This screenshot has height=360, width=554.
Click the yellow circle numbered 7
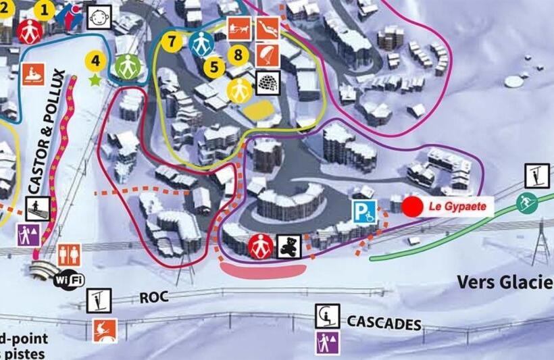172,41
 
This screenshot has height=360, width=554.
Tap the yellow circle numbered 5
214,67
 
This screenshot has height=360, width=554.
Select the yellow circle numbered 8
237,53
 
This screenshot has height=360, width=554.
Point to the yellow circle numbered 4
95,61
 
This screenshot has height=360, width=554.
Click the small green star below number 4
95,80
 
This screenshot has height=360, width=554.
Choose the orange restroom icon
70,254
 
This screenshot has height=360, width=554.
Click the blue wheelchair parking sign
363,212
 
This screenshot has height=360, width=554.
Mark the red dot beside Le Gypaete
412,207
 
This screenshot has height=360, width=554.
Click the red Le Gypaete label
458,207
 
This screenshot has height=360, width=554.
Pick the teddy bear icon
288,246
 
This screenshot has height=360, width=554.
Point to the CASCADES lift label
384,323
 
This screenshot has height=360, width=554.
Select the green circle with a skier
526,202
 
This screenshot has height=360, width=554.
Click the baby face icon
99,16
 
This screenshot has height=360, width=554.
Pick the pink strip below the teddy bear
263,269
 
